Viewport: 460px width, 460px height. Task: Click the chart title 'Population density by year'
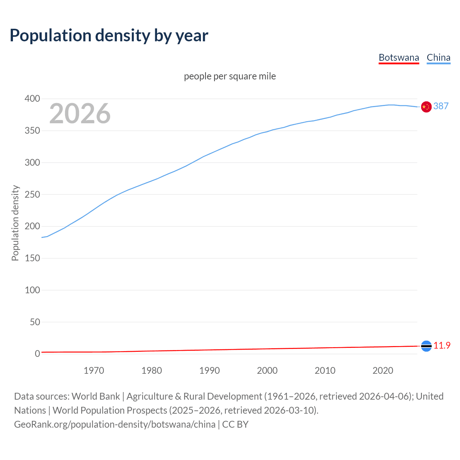109,35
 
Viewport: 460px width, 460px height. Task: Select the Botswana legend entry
399,57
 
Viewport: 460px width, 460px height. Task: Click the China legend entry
438,57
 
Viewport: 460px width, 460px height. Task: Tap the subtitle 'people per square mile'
230,76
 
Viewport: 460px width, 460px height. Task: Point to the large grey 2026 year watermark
80,114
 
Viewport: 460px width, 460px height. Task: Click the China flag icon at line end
426,107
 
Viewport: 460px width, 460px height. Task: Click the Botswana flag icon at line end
426,346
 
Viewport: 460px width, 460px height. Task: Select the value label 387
441,106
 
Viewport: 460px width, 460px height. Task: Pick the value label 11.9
442,345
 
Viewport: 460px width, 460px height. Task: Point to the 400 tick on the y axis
32,98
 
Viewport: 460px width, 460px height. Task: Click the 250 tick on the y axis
32,194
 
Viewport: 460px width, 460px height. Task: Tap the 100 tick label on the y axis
32,290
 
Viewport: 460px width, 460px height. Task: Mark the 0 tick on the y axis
37,354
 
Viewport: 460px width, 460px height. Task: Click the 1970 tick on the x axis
94,370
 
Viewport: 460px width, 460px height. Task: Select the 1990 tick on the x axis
210,370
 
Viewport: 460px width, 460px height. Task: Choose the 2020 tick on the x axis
383,370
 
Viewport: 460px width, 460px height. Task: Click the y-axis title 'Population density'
15,223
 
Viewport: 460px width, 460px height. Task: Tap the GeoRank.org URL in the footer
115,424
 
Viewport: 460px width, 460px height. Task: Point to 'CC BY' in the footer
235,424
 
